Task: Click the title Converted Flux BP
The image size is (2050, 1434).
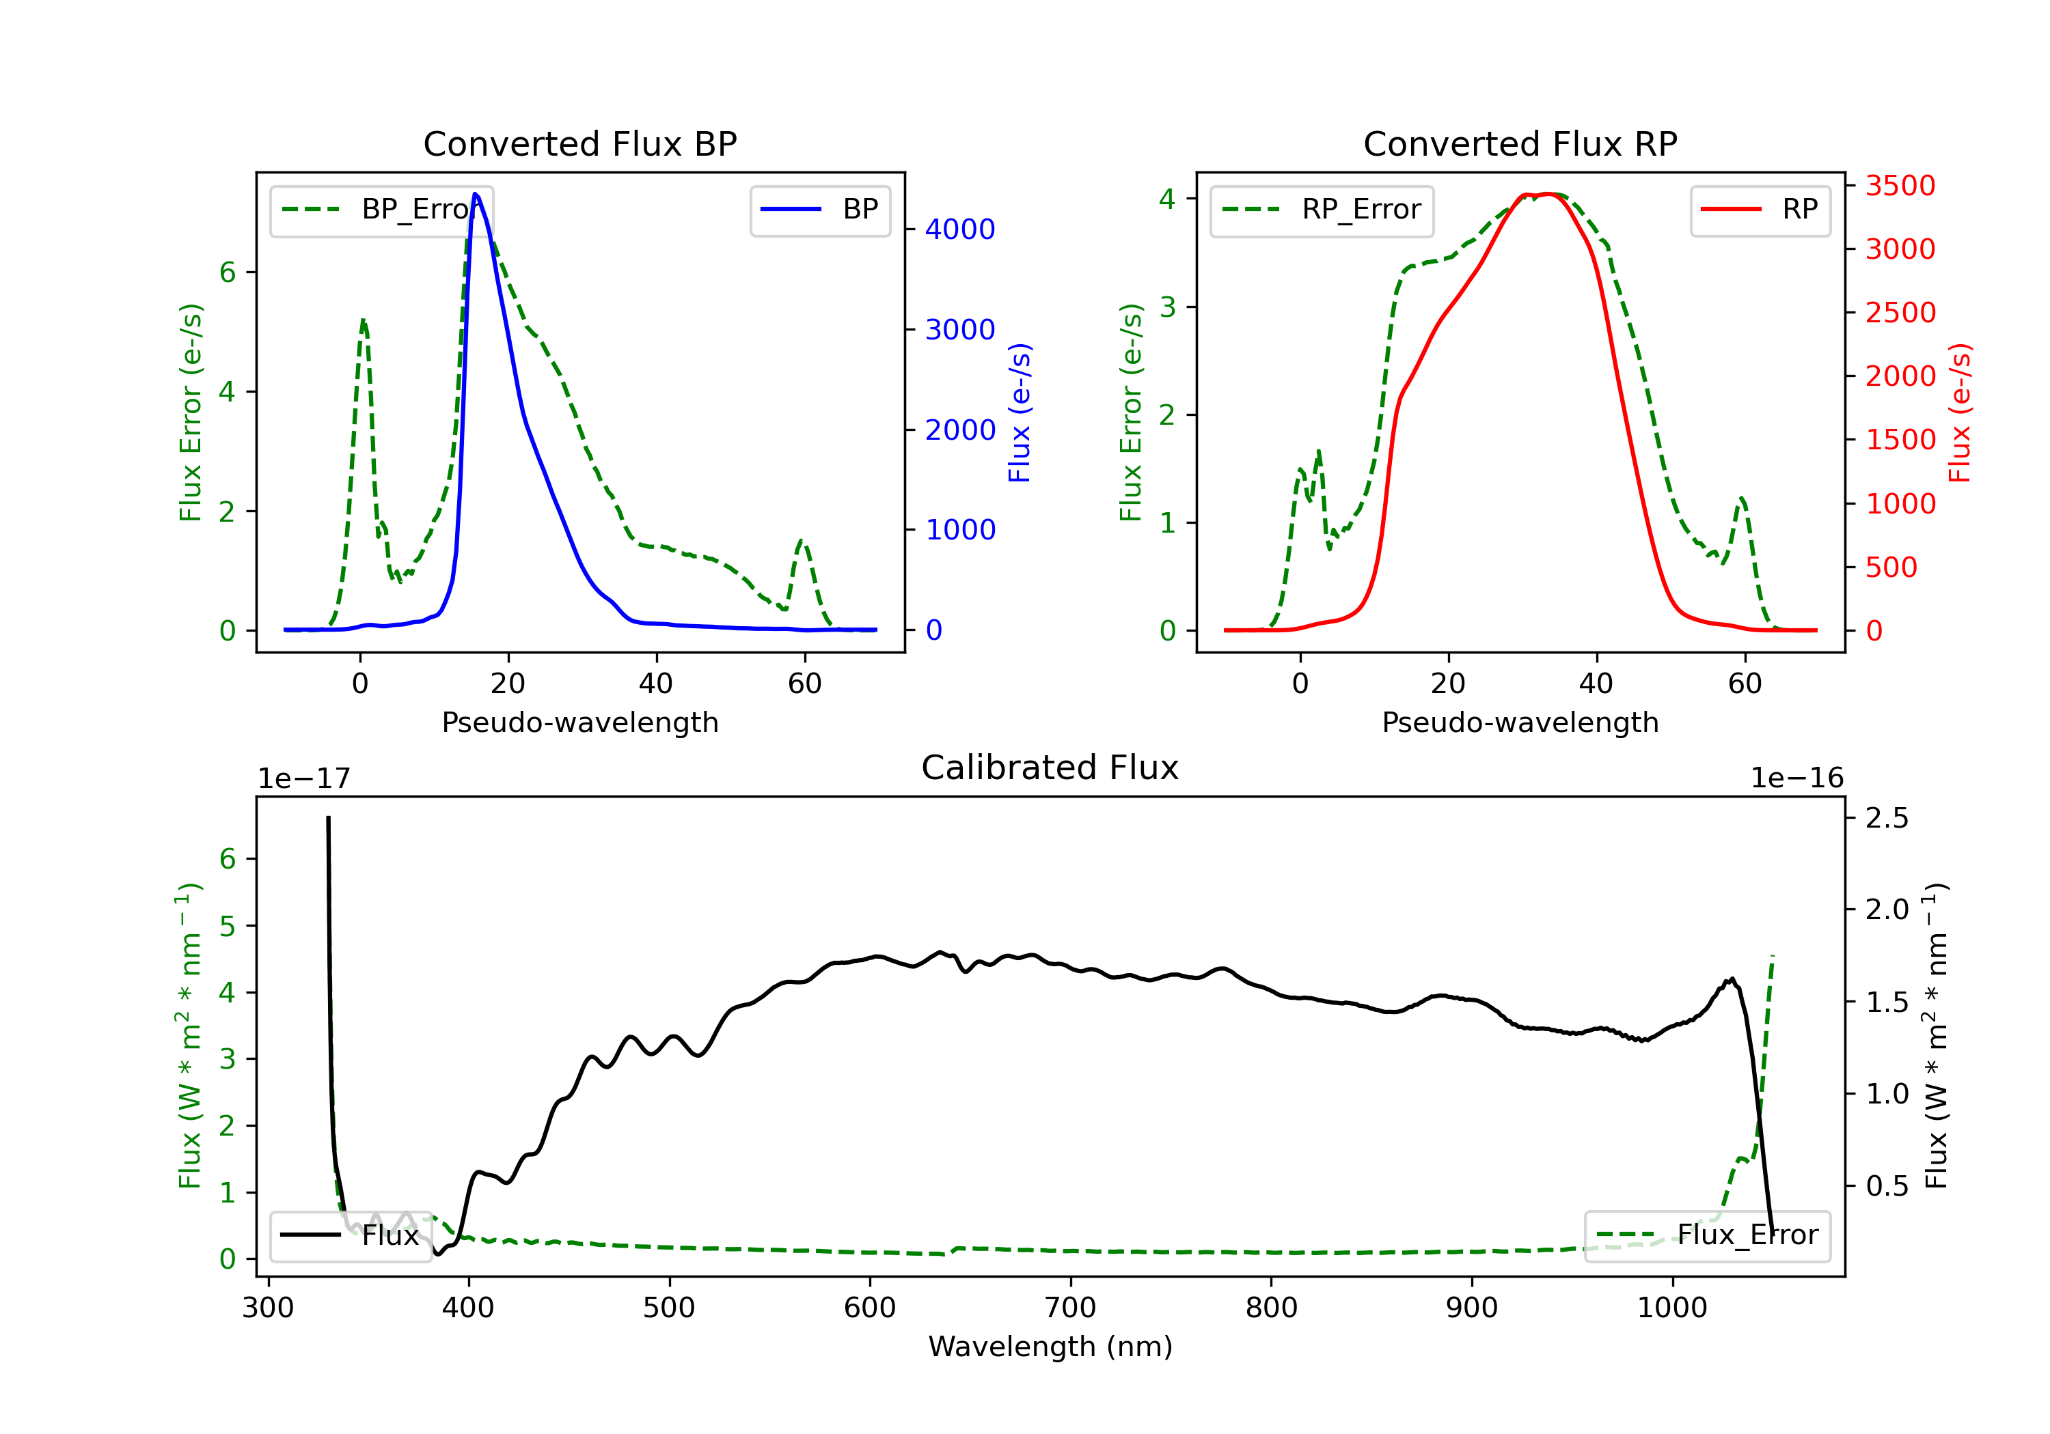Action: (579, 143)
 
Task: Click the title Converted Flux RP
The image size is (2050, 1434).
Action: (1520, 143)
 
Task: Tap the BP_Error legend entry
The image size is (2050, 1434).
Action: (381, 210)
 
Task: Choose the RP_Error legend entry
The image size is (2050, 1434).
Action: (1322, 210)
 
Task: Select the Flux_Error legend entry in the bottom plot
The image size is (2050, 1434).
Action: (1706, 1235)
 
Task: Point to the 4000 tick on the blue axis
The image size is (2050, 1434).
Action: (960, 229)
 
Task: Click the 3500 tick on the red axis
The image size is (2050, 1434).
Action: (1900, 186)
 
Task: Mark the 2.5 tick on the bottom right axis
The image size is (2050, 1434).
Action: (1887, 817)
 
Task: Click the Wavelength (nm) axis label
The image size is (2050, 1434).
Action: (1050, 1347)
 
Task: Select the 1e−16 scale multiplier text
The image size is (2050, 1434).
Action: (1796, 778)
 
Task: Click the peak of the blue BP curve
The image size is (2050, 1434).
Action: (475, 194)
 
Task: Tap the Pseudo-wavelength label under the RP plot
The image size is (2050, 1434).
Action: (1520, 722)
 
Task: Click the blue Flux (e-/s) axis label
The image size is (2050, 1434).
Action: (1020, 412)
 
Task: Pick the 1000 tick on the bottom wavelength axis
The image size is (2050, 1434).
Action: (1671, 1308)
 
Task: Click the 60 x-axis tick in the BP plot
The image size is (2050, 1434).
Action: (804, 684)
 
